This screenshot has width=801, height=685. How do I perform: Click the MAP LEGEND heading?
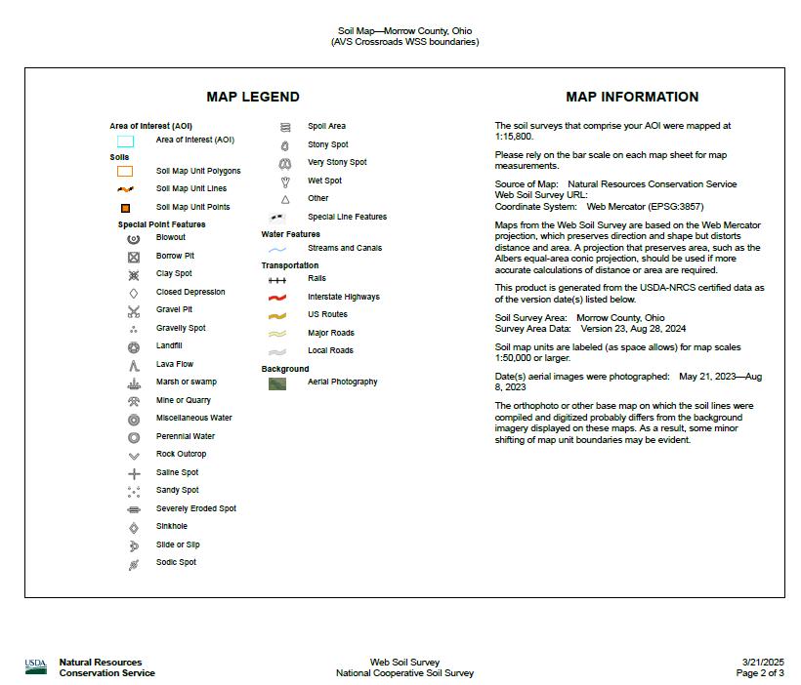point(253,97)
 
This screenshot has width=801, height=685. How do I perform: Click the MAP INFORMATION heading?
point(632,97)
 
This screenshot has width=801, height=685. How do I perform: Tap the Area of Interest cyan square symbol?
point(125,141)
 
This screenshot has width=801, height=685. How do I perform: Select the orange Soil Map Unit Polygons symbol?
point(125,171)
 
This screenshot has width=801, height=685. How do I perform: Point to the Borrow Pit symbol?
point(134,257)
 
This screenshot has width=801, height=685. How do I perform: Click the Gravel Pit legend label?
point(174,309)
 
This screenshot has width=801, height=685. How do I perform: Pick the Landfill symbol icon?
point(134,346)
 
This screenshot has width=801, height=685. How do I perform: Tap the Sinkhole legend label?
point(172,526)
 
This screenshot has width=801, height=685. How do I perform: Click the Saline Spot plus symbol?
point(134,473)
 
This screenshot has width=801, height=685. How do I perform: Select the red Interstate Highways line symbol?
point(277,297)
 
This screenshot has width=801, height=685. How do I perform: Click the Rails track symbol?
point(277,279)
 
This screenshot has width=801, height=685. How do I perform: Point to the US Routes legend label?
point(327,314)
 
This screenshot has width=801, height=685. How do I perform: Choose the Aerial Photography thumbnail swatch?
point(277,383)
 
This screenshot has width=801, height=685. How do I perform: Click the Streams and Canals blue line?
point(277,249)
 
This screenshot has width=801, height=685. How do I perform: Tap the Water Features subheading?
point(290,234)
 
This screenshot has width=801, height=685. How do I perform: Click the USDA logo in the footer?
point(36,667)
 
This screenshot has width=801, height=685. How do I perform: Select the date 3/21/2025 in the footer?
point(762,663)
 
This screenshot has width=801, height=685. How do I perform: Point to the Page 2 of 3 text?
point(759,673)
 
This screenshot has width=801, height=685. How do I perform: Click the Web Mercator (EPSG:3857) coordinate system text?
point(645,207)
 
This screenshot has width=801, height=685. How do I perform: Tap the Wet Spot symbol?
point(285,181)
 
